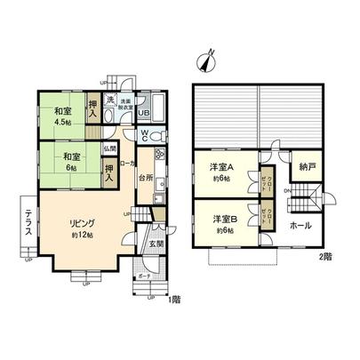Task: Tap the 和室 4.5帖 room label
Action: pos(62,116)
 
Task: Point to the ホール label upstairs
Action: pos(301,226)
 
